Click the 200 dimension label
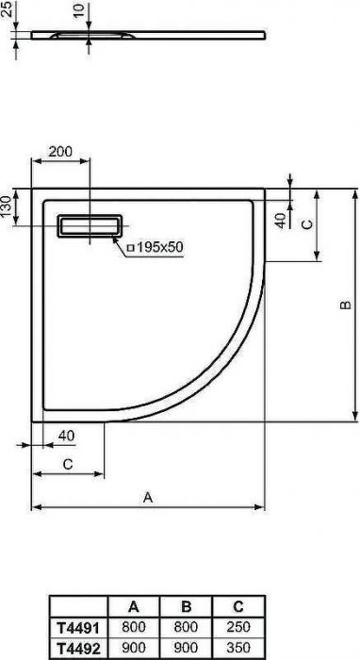pos(60,152)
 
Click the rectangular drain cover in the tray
pos(90,227)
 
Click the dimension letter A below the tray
pos(148,497)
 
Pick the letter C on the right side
pos(306,223)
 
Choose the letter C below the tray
pos(67,465)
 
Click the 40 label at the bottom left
pos(65,435)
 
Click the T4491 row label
pos(78,625)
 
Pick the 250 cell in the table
pos(237,625)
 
